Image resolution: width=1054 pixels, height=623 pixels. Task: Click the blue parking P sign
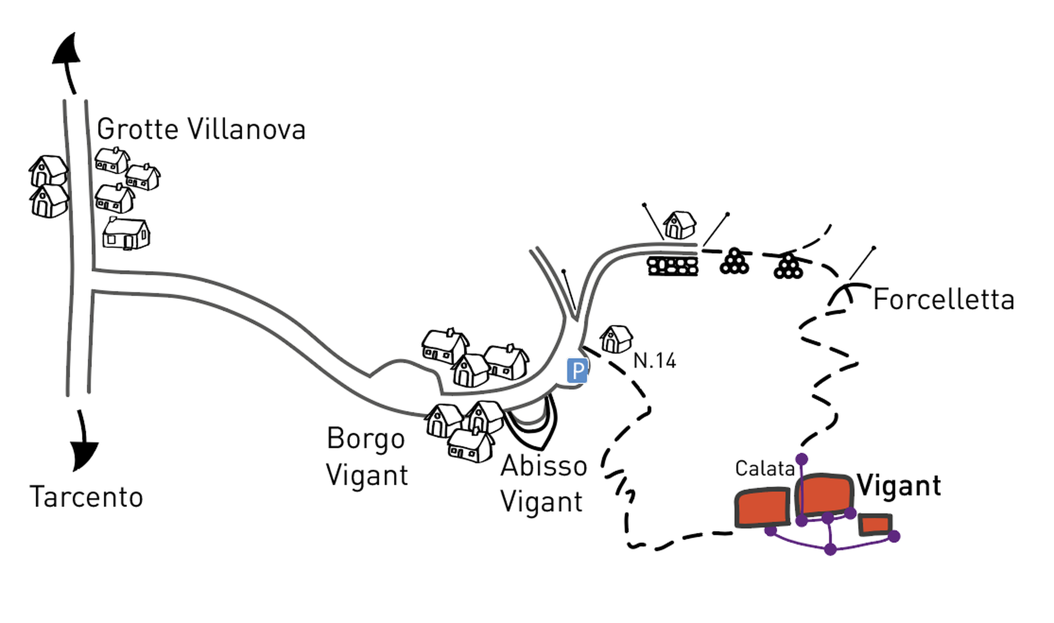(x=577, y=370)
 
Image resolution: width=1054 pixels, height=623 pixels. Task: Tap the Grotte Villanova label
(x=201, y=129)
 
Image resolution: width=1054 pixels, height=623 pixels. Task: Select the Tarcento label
(x=86, y=497)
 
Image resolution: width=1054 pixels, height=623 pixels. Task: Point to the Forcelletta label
(x=943, y=300)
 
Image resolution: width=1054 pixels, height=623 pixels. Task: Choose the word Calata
(x=765, y=468)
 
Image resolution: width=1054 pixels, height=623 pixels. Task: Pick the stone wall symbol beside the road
(x=673, y=266)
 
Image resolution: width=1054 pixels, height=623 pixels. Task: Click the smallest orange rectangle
(x=875, y=525)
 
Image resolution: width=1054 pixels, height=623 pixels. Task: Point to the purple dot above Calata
(x=802, y=459)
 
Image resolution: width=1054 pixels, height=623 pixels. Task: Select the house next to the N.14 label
(x=616, y=339)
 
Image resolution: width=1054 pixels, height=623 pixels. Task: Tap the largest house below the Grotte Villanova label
(x=126, y=233)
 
